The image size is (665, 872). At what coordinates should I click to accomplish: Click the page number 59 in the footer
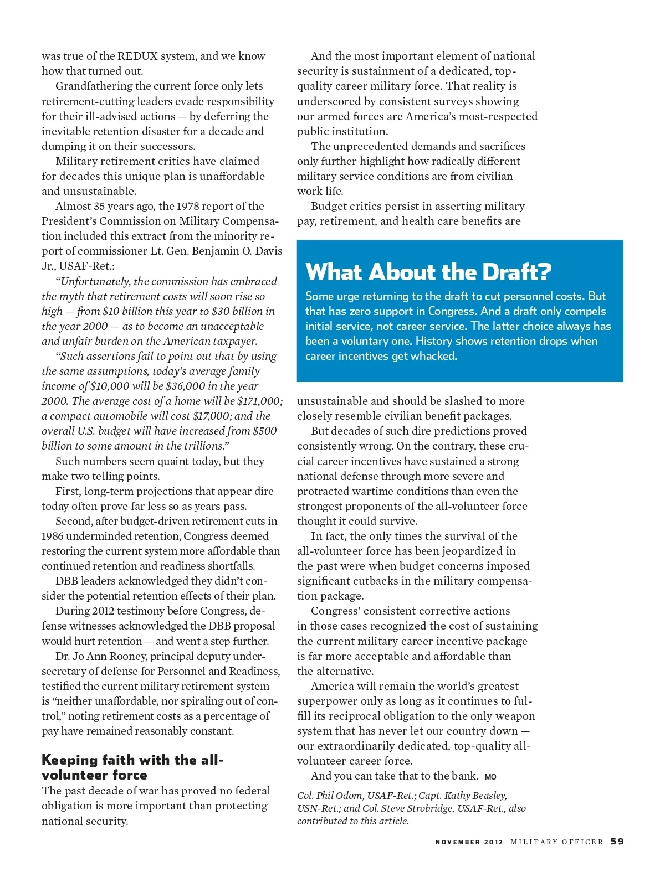[617, 842]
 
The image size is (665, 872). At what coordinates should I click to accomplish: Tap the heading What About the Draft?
[428, 272]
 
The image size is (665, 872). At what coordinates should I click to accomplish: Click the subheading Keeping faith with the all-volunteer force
[132, 767]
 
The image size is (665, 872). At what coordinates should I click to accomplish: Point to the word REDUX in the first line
[137, 56]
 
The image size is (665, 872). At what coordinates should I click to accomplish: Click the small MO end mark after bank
[490, 777]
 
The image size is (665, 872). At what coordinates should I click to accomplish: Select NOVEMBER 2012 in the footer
[469, 842]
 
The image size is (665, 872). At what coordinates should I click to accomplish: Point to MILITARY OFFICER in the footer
[556, 842]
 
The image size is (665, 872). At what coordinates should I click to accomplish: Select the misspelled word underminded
[83, 536]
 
